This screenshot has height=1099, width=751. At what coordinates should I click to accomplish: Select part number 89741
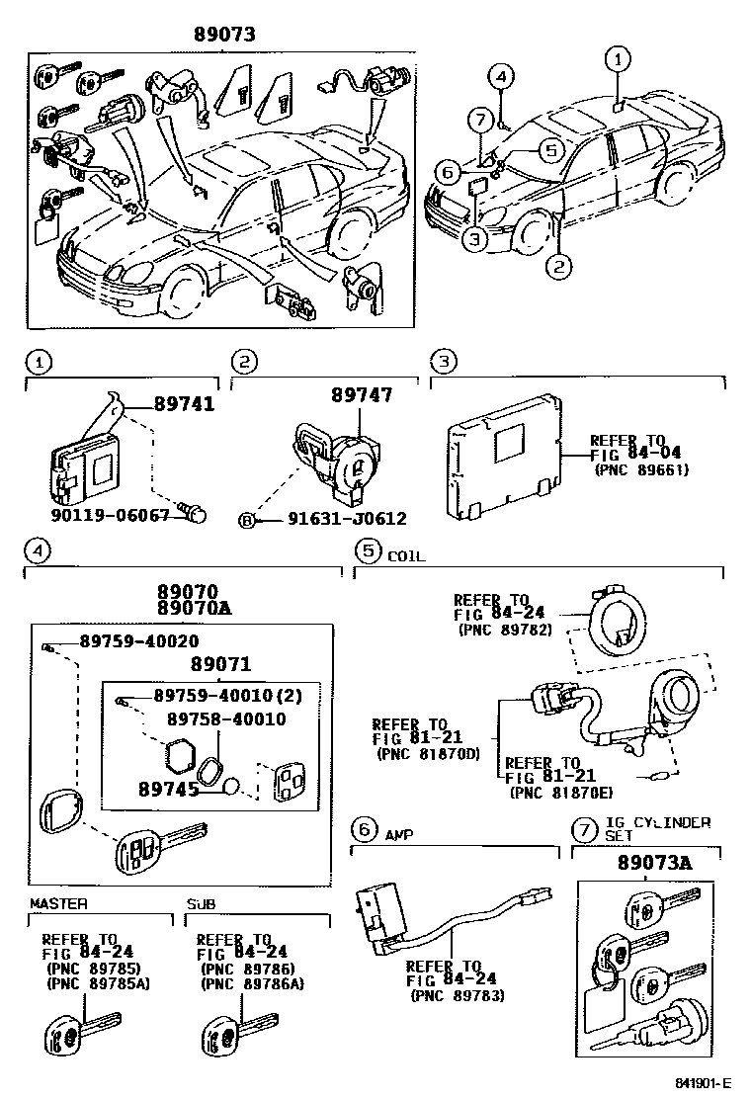coord(184,404)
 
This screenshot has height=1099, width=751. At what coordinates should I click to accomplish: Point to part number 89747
coord(361,395)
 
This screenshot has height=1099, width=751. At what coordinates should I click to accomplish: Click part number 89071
coord(220,664)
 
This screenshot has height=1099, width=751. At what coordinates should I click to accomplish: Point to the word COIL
coord(406,556)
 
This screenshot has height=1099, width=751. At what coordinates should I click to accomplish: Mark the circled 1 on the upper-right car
coord(618,59)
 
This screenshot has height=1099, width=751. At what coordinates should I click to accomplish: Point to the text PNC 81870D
coord(428,753)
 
